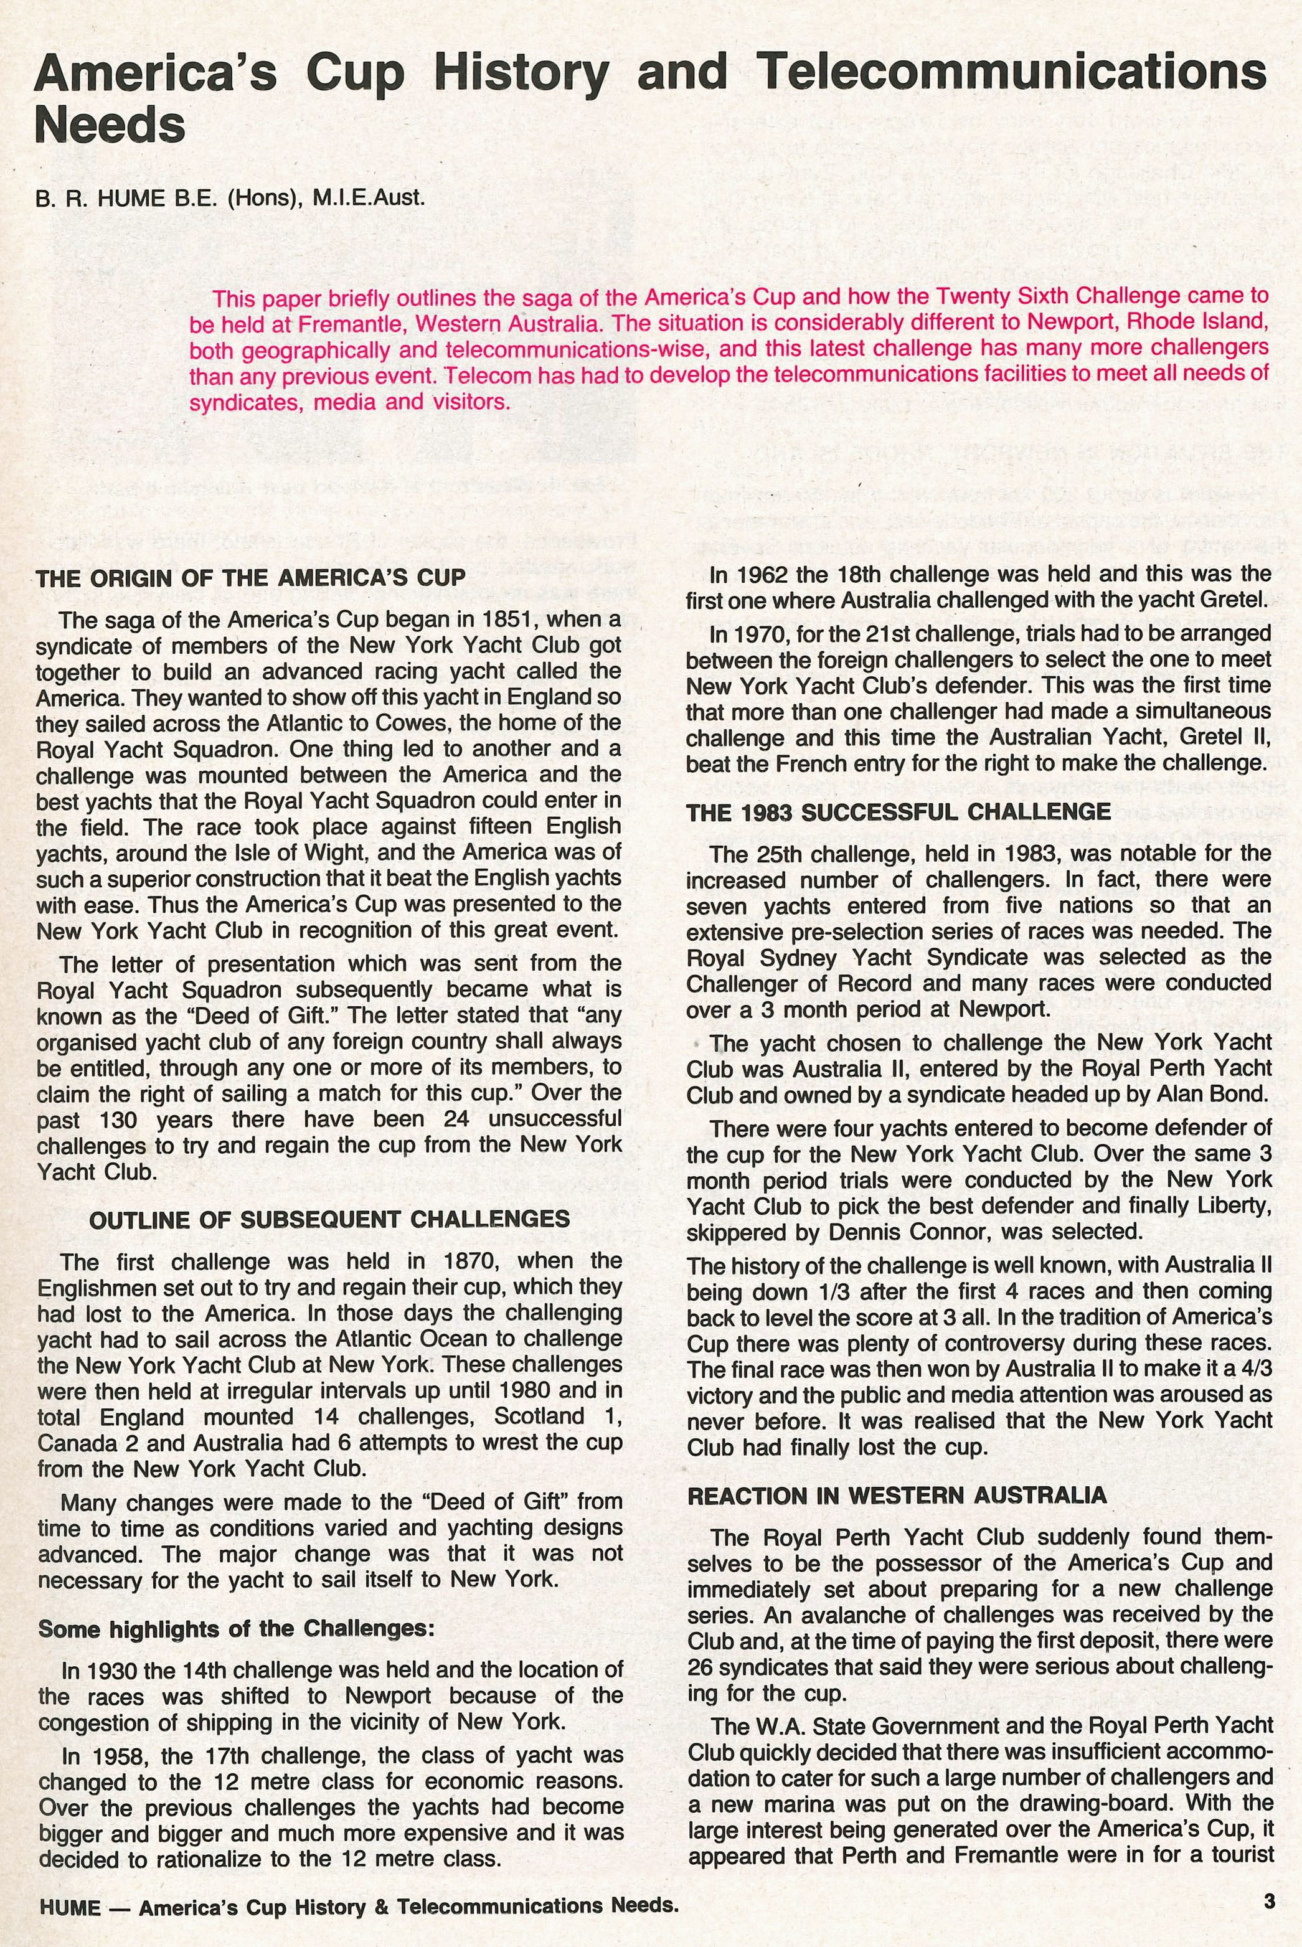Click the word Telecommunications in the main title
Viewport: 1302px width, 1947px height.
click(1012, 73)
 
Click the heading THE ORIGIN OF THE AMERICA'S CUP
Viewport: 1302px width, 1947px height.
click(250, 578)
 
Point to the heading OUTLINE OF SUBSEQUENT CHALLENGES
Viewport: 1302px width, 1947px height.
click(329, 1220)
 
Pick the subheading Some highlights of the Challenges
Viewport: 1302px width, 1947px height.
click(236, 1629)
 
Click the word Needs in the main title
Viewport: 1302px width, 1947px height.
click(110, 126)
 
